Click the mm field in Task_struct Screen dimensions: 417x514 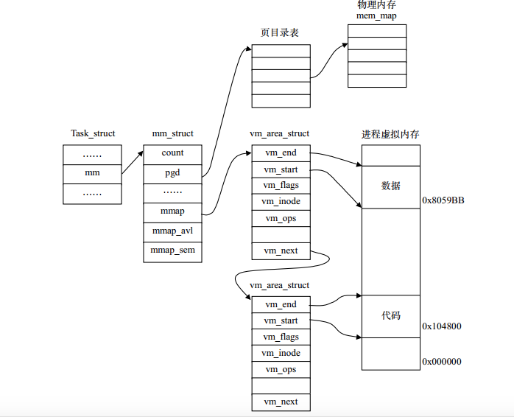[92, 173]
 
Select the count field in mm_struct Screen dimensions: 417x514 [172, 153]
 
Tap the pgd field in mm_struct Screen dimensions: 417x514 [172, 173]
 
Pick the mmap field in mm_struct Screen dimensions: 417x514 [172, 211]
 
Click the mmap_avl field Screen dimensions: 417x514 [172, 231]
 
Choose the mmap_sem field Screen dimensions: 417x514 [172, 251]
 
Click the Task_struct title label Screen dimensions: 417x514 [93, 133]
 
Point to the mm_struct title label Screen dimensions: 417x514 [172, 133]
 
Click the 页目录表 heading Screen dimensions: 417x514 [280, 33]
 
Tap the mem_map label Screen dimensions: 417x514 [376, 15]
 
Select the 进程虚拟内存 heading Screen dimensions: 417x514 [390, 134]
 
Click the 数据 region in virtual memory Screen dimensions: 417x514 [391, 186]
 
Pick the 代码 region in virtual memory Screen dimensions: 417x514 [391, 315]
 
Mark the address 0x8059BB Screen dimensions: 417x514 [443, 200]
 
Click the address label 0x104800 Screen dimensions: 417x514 [442, 326]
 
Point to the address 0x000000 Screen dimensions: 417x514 [442, 362]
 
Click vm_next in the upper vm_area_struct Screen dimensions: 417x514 [281, 251]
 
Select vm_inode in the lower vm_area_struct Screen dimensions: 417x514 [281, 353]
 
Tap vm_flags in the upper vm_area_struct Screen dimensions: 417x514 [281, 185]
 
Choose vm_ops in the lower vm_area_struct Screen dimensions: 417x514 [281, 369]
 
